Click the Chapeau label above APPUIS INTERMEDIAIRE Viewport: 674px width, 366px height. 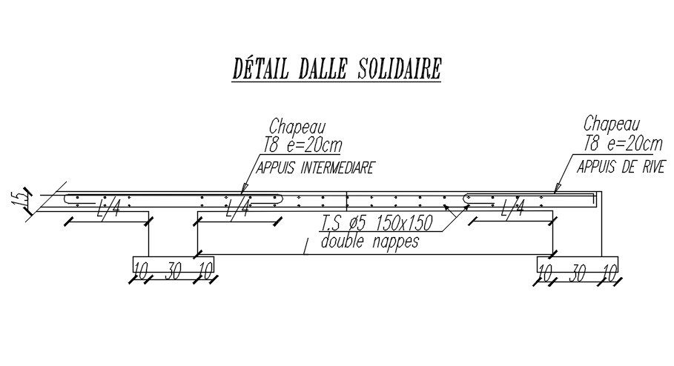pyautogui.click(x=297, y=127)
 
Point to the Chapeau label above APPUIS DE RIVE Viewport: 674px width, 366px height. pyautogui.click(x=611, y=122)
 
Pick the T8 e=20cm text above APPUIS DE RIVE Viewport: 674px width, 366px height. pyautogui.click(x=622, y=143)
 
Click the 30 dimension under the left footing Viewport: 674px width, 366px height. pyautogui.click(x=174, y=272)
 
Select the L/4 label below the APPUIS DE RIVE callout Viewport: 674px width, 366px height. pyautogui.click(x=512, y=210)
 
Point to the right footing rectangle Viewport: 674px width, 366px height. pyautogui.click(x=578, y=263)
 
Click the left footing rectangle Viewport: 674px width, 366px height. pyautogui.click(x=174, y=263)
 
